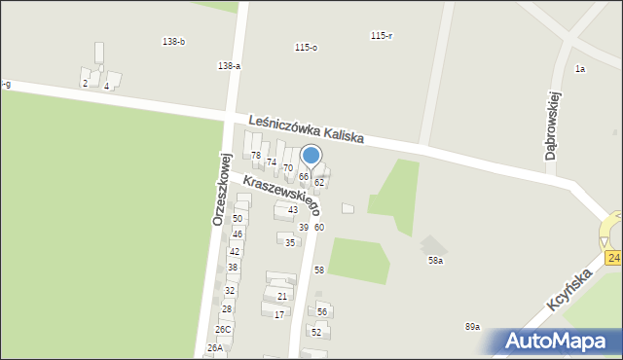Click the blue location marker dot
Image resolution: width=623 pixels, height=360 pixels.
tap(311, 156)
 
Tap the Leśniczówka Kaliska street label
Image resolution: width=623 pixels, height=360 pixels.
tap(306, 129)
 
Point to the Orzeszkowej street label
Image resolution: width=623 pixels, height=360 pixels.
tap(220, 190)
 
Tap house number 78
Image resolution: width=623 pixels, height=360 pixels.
tap(256, 156)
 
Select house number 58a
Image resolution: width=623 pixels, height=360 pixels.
tap(436, 261)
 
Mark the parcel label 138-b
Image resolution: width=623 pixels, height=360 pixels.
tap(173, 41)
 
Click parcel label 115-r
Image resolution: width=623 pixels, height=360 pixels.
tap(382, 36)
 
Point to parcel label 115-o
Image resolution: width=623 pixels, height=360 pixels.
tap(306, 48)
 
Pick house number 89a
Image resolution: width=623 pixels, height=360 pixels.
tap(472, 327)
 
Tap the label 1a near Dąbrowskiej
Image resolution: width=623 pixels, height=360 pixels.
tap(580, 69)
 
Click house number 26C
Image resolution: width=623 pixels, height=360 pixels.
tap(223, 330)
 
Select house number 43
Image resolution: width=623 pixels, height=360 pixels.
tap(292, 210)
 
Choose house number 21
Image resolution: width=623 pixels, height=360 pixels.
tap(282, 297)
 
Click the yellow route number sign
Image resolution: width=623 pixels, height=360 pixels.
tap(613, 257)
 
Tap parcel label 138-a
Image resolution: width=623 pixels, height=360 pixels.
tap(229, 66)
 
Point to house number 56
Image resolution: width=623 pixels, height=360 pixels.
tap(321, 312)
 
